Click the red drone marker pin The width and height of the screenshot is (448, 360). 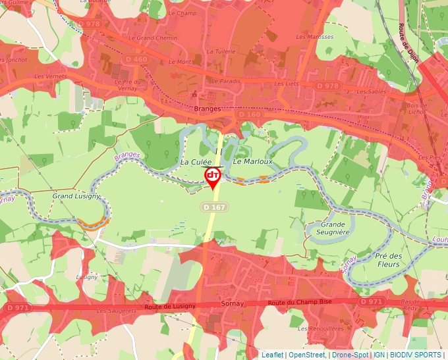coord(213,176)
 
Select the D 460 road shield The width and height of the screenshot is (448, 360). coord(140,59)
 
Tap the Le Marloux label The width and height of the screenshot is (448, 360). coord(252,162)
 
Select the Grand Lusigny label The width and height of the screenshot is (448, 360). coord(76,196)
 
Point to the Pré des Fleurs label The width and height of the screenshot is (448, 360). coord(388,260)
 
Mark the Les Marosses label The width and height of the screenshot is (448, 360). coord(314,37)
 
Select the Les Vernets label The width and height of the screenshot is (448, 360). coord(51,76)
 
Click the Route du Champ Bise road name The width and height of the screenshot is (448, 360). coord(300,302)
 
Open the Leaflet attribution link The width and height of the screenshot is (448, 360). coord(272,355)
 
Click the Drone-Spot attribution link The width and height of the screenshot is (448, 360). coord(350,355)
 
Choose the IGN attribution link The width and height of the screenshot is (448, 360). coord(379,355)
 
